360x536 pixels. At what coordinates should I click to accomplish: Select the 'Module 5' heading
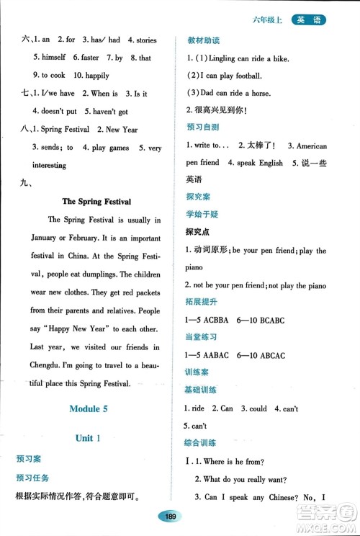tap(88, 408)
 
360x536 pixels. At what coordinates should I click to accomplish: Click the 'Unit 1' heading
tap(88, 437)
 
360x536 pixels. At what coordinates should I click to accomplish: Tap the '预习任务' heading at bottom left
tap(33, 478)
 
